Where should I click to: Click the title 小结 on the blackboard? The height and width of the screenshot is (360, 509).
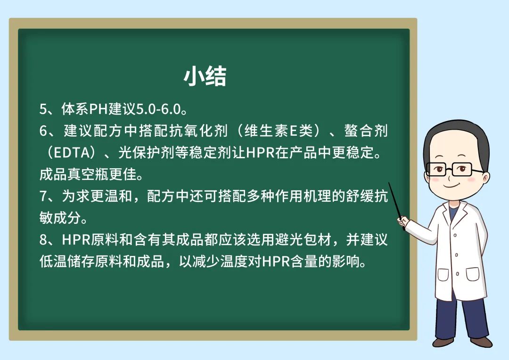click(205, 77)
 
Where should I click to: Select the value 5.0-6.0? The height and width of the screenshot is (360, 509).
click(158, 109)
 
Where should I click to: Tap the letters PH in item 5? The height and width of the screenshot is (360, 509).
click(99, 109)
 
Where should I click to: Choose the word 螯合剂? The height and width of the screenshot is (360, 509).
click(366, 131)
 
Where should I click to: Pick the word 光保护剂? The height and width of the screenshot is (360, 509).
click(147, 153)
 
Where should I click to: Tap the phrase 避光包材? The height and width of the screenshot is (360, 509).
click(304, 240)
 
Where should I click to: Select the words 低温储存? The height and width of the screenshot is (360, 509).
click(67, 262)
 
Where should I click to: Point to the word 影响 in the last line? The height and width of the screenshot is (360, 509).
click(346, 262)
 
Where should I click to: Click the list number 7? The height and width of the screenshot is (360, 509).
click(43, 196)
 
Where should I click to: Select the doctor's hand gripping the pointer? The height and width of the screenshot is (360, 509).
click(403, 221)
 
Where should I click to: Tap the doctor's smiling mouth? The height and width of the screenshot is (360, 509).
click(452, 185)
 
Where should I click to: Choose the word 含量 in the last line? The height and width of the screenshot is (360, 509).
click(304, 262)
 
